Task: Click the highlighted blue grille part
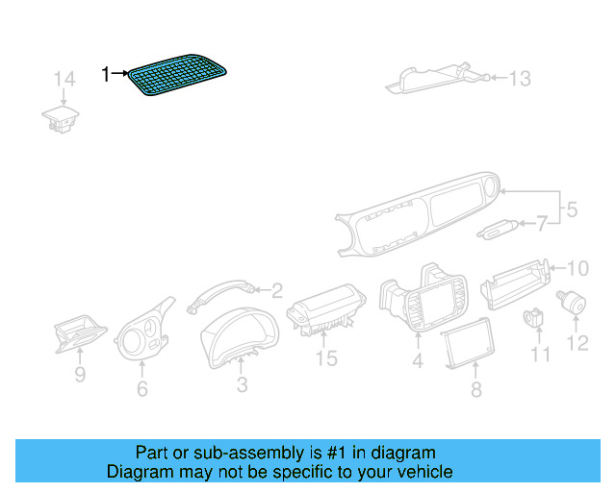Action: tap(181, 76)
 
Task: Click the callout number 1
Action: tap(107, 73)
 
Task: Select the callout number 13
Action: tap(519, 79)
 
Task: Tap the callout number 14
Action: tap(64, 79)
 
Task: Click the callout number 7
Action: tap(541, 224)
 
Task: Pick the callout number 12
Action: tap(577, 343)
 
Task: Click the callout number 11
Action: tap(540, 355)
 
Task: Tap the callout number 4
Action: tap(418, 361)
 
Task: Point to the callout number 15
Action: tap(326, 358)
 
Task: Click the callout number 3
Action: tap(242, 385)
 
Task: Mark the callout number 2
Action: tap(276, 289)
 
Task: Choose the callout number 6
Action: tap(142, 388)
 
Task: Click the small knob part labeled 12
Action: tap(576, 303)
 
